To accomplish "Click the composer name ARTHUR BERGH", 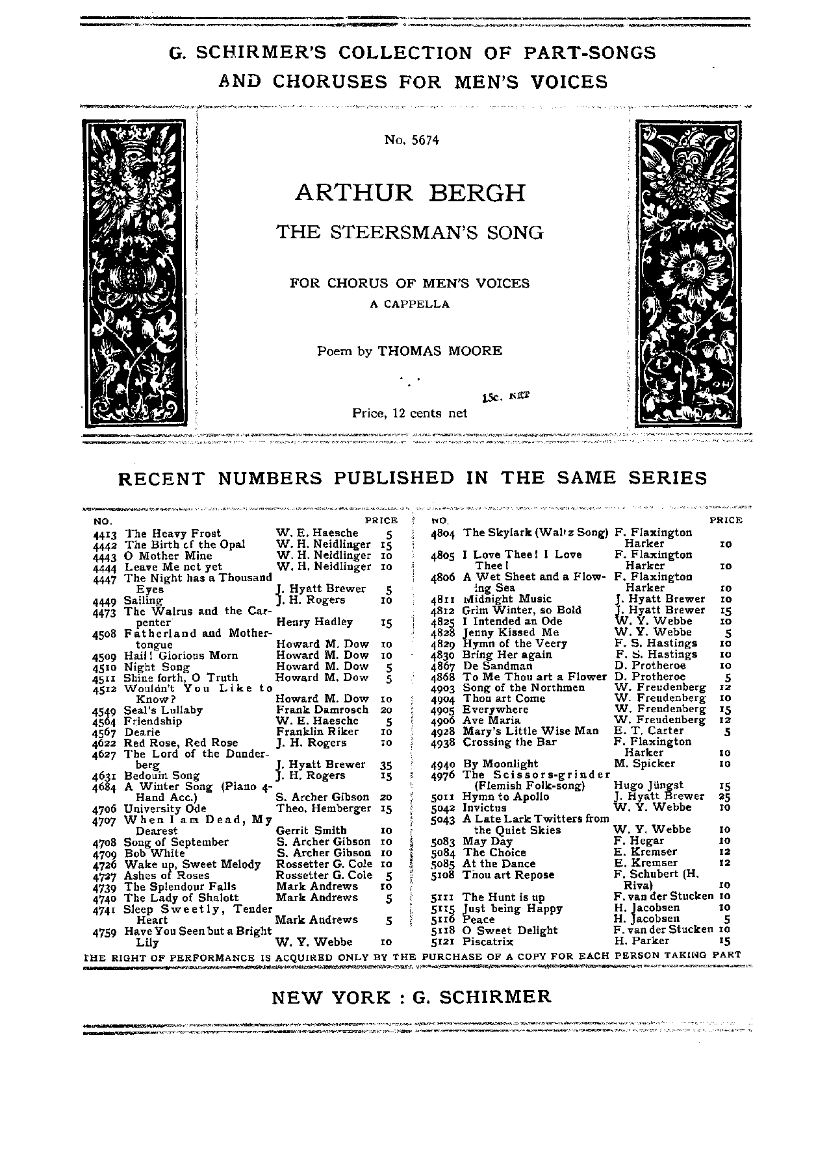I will tap(410, 193).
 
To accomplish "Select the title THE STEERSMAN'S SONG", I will tap(409, 232).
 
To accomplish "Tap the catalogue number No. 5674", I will tap(411, 140).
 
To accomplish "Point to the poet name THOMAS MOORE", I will tap(440, 351).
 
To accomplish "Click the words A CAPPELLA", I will tap(409, 303).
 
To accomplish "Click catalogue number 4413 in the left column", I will tap(105, 534).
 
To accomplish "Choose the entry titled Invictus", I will tap(484, 808).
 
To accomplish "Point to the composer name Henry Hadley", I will tap(314, 622).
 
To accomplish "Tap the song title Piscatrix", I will tap(488, 941).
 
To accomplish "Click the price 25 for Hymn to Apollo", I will tap(725, 797).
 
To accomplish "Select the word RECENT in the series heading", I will tap(152, 478).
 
